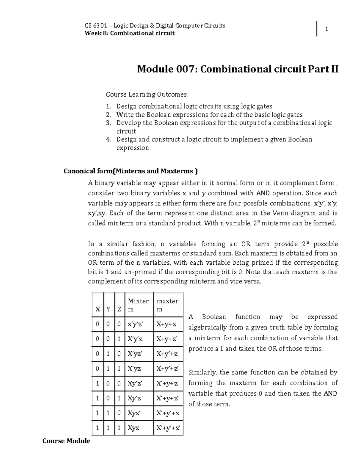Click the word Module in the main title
(x=155, y=70)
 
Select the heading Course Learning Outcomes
(x=147, y=95)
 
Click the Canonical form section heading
(x=131, y=171)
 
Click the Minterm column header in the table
(x=138, y=305)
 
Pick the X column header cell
(x=97, y=309)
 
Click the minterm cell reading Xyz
(x=133, y=428)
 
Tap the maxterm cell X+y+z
(x=166, y=324)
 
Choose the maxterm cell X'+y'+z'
(x=168, y=428)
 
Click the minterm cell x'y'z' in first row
(x=136, y=324)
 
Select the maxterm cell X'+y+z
(x=167, y=383)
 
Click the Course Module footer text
(x=66, y=441)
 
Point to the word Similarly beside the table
(x=202, y=373)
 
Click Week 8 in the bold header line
(x=95, y=33)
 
